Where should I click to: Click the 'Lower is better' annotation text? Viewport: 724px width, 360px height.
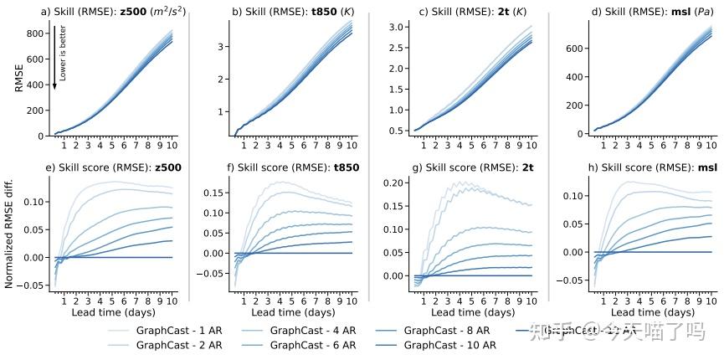tap(63, 53)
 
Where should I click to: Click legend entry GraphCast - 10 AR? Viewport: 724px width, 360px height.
tap(449, 345)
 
